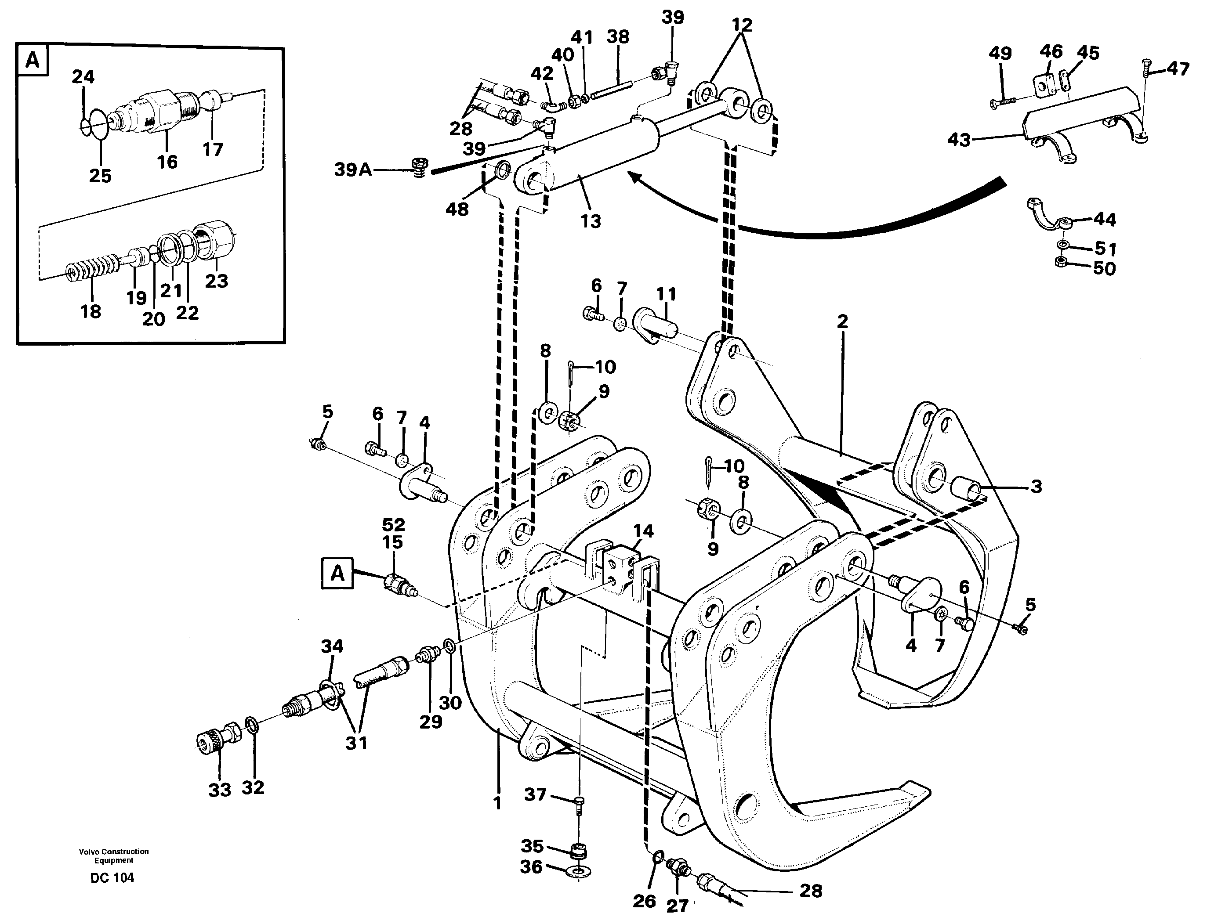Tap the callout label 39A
(353, 170)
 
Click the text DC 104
(112, 878)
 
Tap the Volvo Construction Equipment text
(113, 856)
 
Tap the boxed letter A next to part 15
(337, 573)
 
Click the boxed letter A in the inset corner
(33, 59)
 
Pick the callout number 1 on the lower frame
(497, 803)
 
